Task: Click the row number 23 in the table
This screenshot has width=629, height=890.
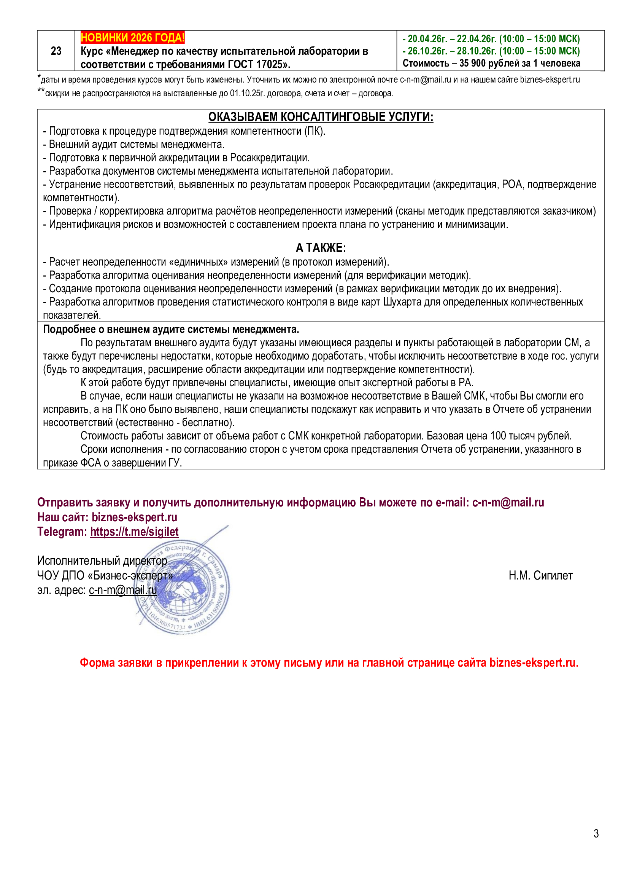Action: click(56, 51)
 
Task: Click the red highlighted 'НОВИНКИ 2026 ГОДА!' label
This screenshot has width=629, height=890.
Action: click(132, 38)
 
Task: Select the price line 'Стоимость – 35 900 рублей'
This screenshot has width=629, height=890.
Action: click(491, 63)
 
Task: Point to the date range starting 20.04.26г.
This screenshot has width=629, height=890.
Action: click(491, 39)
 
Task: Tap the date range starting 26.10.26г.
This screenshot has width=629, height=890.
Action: click(491, 51)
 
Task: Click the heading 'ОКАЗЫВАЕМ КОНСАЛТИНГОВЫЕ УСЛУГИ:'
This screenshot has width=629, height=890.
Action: click(321, 117)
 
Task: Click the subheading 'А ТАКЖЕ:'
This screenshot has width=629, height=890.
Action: click(321, 248)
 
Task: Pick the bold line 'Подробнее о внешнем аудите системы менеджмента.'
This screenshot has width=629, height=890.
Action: click(171, 330)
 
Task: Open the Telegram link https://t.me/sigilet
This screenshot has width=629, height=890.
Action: click(134, 532)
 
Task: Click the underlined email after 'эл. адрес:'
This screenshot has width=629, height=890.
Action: click(123, 590)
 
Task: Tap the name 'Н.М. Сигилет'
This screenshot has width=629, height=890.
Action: click(540, 575)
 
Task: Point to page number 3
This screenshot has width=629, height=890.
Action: click(596, 833)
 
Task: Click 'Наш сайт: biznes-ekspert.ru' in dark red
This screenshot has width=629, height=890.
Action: click(107, 517)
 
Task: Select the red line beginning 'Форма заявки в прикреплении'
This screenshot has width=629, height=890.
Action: click(329, 662)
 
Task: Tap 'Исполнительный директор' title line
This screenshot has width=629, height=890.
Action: click(102, 560)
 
